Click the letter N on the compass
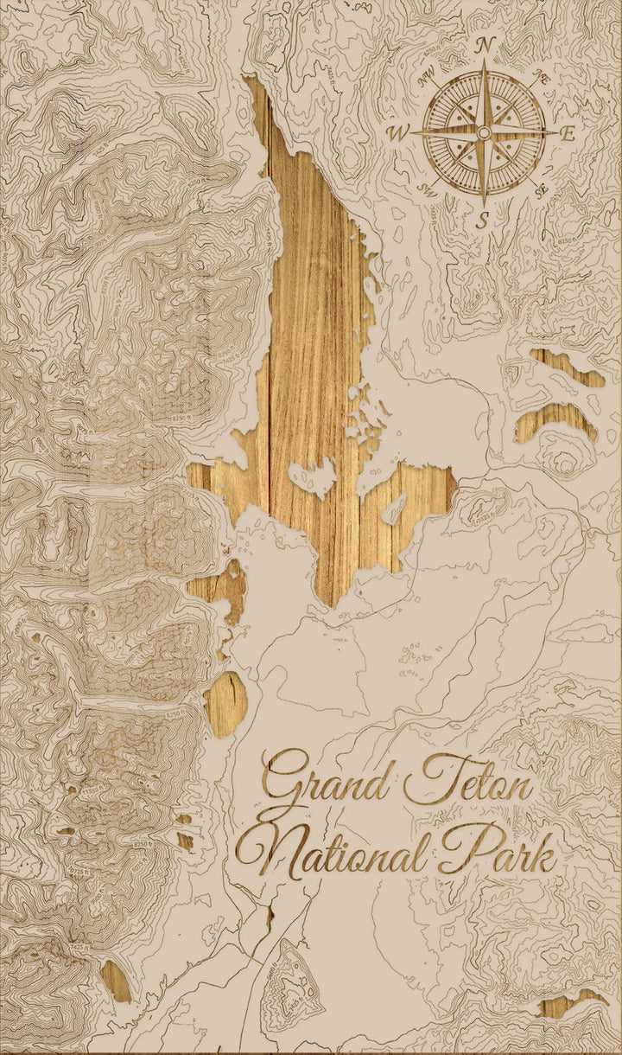click(485, 45)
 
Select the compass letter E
click(568, 133)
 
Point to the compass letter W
click(400, 133)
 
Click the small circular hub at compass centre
click(485, 131)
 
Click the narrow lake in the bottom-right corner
click(570, 1003)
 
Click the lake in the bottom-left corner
click(115, 981)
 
